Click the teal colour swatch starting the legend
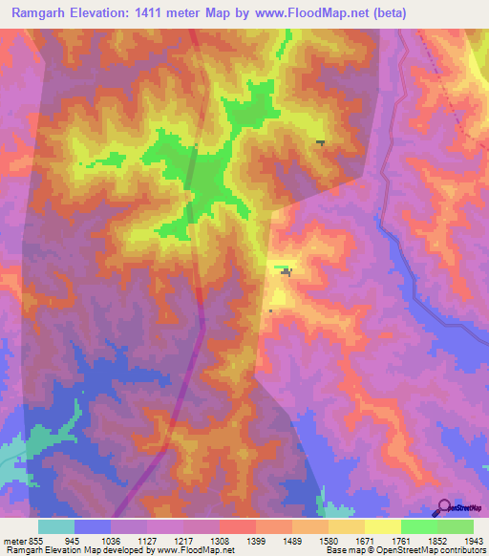pyautogui.click(x=56, y=526)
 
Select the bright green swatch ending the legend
pyautogui.click(x=456, y=526)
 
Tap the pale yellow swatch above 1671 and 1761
pyautogui.click(x=382, y=526)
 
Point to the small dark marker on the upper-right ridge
pyautogui.click(x=320, y=142)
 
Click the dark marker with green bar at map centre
pyautogui.click(x=285, y=272)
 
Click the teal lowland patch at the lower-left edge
pyautogui.click(x=29, y=449)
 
